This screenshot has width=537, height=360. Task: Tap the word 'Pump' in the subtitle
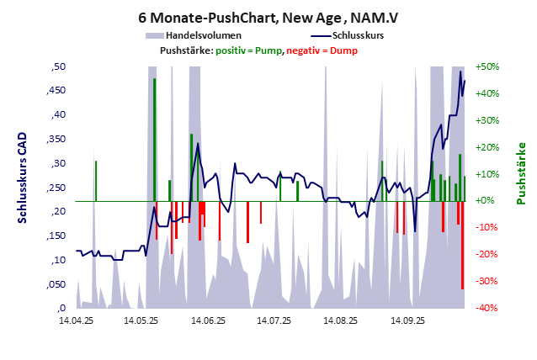pyautogui.click(x=267, y=50)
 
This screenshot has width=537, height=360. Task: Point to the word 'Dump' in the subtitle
pyautogui.click(x=343, y=50)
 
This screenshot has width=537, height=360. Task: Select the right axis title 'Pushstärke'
pyautogui.click(x=521, y=173)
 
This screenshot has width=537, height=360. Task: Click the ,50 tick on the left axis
pyautogui.click(x=58, y=66)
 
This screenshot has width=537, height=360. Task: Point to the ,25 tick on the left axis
pyautogui.click(x=58, y=188)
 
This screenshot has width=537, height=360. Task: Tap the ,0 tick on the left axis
pyautogui.click(x=61, y=309)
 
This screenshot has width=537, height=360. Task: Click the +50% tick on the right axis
pyautogui.click(x=487, y=66)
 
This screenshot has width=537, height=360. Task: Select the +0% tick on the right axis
pyautogui.click(x=487, y=201)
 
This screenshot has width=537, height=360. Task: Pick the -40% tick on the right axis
pyautogui.click(x=487, y=309)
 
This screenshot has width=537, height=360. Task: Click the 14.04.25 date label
pyautogui.click(x=76, y=320)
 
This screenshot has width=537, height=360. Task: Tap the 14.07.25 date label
pyautogui.click(x=274, y=320)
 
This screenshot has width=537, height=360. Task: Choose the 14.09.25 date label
pyautogui.click(x=407, y=320)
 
